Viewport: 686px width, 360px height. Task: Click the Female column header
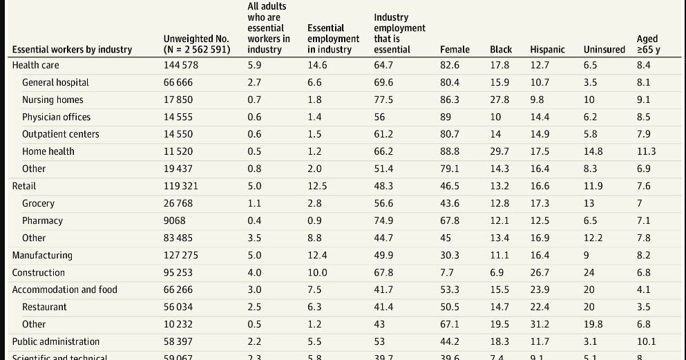[455, 49]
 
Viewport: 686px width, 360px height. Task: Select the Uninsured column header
[604, 49]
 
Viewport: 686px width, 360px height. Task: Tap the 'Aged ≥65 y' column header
[647, 44]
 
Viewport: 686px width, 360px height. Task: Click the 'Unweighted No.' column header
[196, 44]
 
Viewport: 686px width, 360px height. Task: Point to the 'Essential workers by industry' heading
[72, 49]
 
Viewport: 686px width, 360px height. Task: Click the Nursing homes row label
[53, 100]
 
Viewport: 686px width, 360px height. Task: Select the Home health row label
[48, 151]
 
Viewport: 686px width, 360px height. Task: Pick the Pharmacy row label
[42, 220]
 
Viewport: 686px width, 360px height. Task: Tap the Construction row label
[39, 272]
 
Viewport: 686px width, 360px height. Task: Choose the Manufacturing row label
[42, 255]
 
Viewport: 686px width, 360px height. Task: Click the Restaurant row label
[44, 307]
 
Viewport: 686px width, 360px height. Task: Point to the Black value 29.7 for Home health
[499, 151]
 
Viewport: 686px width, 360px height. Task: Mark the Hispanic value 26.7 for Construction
[540, 272]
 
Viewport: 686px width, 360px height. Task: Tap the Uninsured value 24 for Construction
[589, 272]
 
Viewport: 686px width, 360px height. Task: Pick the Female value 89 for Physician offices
[446, 117]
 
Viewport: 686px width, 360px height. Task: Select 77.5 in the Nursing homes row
[383, 100]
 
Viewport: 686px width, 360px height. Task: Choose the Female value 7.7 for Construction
[447, 272]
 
